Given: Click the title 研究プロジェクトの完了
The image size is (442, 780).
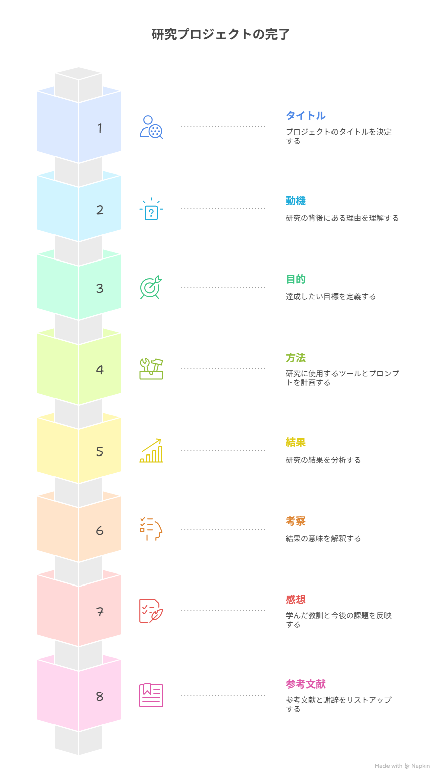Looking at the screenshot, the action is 220,34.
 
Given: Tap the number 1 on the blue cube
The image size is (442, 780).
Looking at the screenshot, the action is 100,128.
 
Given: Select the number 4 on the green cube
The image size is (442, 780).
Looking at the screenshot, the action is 100,370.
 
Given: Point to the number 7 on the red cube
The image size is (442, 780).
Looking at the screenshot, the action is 100,612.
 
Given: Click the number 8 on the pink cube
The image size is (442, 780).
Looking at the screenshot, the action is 100,696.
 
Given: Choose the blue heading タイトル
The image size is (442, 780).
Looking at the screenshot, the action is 306,115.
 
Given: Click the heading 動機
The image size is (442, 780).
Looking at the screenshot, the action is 296,201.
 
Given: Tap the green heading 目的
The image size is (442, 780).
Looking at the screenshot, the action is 296,279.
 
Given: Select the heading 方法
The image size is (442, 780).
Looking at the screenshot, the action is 296,358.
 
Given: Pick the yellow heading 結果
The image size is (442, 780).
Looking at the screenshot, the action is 296,442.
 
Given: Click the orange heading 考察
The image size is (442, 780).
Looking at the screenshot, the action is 296,521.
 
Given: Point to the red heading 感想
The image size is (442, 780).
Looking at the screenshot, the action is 296,599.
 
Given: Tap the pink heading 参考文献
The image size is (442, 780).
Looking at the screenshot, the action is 306,684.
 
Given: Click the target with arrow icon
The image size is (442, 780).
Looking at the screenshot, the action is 151,287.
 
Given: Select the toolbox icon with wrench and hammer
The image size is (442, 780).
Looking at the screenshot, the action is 151,369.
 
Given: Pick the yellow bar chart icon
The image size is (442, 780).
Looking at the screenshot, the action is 151,450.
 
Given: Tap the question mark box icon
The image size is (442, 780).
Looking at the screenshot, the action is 151,209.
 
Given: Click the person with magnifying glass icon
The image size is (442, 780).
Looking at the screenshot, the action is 151,127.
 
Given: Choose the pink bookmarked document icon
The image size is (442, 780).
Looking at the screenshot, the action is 151,695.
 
